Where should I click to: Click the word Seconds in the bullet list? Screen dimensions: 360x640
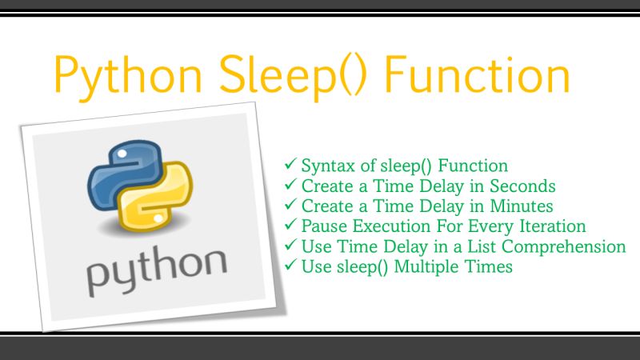click(524, 186)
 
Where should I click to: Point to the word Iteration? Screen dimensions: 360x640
click(553, 226)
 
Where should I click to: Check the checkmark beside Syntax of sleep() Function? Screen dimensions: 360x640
click(291, 166)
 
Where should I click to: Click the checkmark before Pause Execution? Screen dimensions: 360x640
click(291, 226)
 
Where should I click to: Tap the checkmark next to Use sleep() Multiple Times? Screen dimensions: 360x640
click(291, 266)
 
